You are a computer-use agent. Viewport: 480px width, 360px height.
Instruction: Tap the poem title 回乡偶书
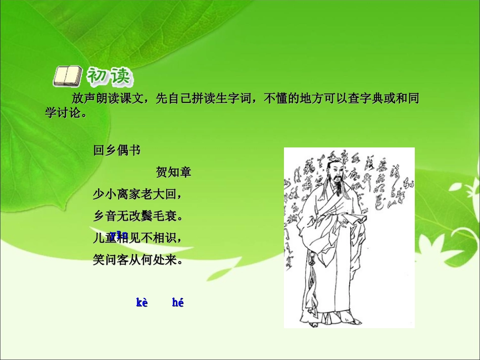click(117, 150)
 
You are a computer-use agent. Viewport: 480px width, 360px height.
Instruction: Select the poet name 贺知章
click(173, 172)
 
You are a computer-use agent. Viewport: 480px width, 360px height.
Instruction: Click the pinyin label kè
click(142, 303)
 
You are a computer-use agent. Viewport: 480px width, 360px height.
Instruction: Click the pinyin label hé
click(177, 303)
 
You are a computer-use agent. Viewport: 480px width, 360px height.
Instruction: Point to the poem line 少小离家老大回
click(137, 194)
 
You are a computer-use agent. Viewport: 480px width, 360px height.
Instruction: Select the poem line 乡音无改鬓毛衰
click(137, 217)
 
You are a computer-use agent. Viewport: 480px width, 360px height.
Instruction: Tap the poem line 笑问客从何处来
click(137, 261)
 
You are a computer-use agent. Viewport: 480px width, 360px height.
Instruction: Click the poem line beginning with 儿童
click(137, 238)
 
